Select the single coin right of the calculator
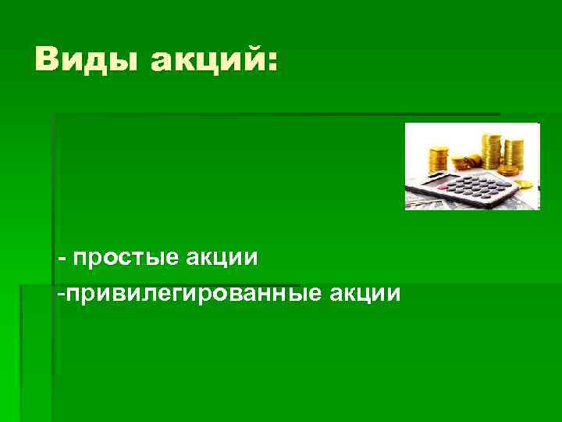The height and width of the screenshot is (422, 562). pyautogui.click(x=524, y=184)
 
